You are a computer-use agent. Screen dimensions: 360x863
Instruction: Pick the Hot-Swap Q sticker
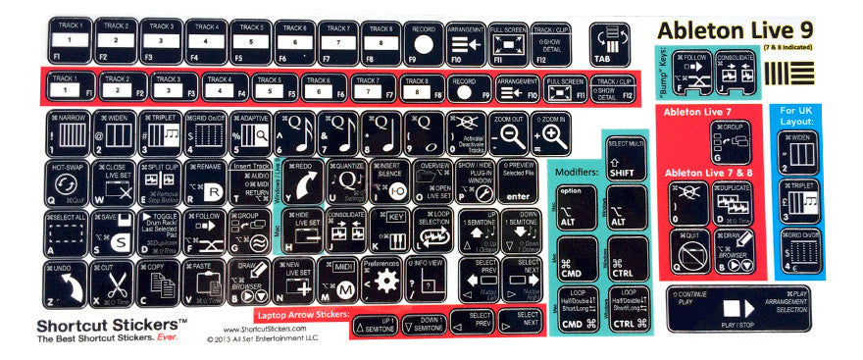[65, 181]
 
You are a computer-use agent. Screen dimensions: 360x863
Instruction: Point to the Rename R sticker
[204, 181]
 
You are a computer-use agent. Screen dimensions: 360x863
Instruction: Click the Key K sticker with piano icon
[390, 231]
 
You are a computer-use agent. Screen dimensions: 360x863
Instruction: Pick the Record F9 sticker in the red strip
[467, 87]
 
